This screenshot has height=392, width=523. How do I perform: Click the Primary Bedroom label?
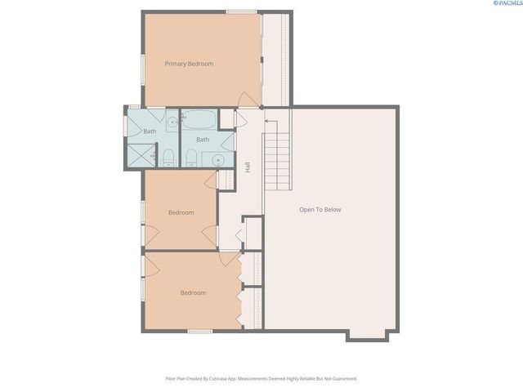click(189, 64)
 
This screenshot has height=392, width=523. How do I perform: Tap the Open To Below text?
click(320, 210)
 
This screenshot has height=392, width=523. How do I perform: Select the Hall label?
click(248, 167)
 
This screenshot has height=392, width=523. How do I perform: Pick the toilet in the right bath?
click(191, 155)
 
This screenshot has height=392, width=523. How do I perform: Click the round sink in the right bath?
click(219, 159)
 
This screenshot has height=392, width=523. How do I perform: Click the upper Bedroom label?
click(181, 212)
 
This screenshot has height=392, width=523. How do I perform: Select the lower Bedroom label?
click(193, 292)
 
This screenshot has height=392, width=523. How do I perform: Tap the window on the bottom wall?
click(199, 331)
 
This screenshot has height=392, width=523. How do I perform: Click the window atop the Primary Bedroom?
click(242, 11)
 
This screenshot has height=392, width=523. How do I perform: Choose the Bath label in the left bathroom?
click(150, 131)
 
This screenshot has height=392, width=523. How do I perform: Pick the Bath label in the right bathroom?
click(202, 140)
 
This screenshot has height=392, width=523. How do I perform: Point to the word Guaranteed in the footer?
click(342, 379)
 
